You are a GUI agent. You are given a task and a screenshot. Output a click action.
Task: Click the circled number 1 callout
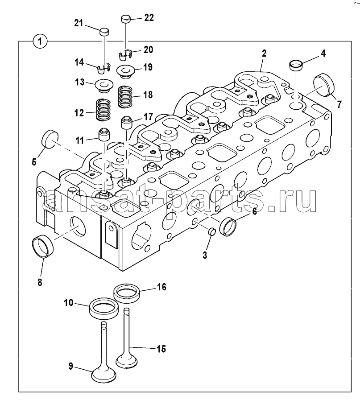tap(40, 41)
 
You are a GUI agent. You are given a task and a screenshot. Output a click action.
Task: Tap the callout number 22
tap(149, 17)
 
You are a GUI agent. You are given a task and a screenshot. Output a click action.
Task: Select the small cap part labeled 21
tap(104, 33)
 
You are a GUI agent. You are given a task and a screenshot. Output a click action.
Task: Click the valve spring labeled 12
tap(103, 110)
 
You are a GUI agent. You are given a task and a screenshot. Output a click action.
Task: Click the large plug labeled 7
tap(323, 86)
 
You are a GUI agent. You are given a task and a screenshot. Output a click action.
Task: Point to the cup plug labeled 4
tap(295, 65)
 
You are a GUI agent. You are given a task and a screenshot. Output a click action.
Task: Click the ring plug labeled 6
tap(228, 227)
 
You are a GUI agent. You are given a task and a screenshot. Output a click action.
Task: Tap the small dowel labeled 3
tap(212, 232)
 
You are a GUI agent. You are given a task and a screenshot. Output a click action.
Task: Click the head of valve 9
tap(103, 375)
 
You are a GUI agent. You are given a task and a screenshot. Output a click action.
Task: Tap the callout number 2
tap(264, 53)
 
